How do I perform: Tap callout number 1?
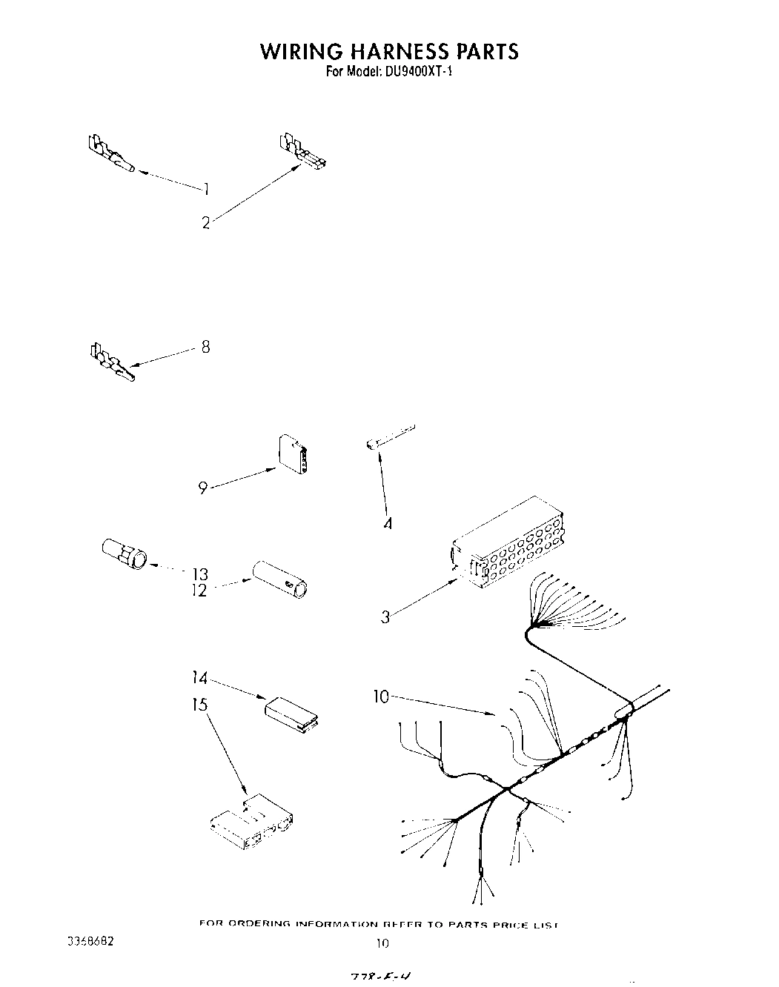(x=205, y=190)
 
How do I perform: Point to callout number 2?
(x=206, y=222)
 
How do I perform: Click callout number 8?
(x=205, y=346)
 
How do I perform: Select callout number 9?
(x=202, y=488)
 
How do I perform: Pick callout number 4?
(x=387, y=524)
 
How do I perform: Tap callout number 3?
(x=385, y=616)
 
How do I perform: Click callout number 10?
(x=381, y=697)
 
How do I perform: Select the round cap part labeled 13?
(x=125, y=554)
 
